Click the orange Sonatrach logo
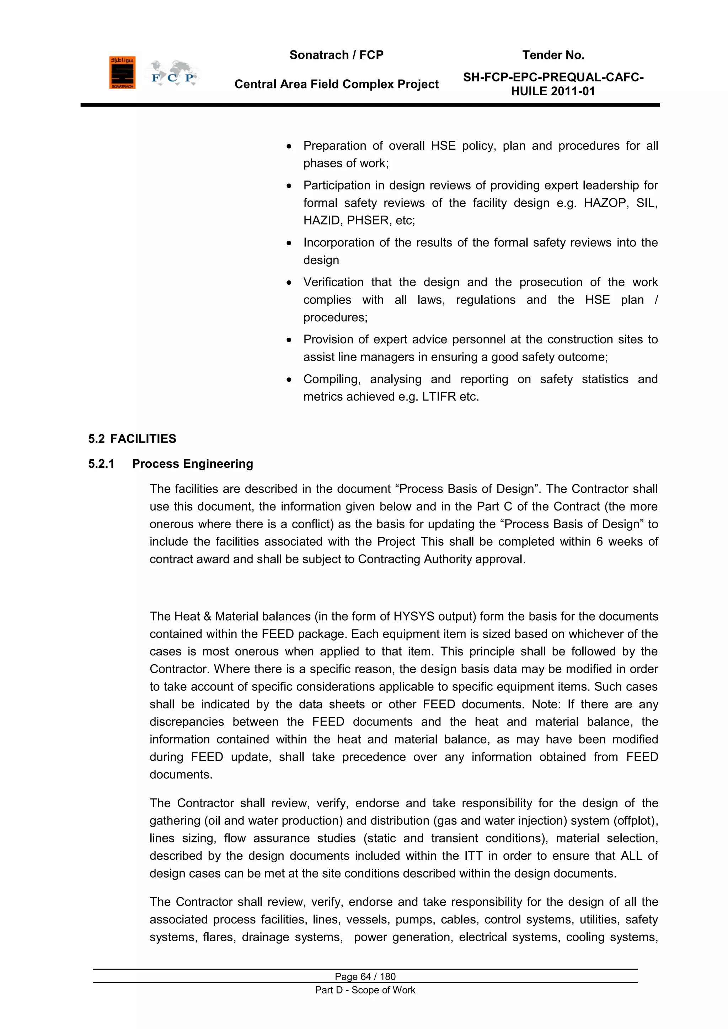click(122, 73)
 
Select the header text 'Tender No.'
click(553, 55)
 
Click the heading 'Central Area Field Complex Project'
click(336, 84)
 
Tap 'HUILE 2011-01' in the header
click(553, 91)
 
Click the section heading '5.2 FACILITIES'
click(132, 439)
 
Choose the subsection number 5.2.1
click(101, 464)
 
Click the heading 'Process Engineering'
click(192, 464)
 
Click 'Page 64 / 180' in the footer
click(365, 976)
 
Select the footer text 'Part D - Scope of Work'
click(365, 990)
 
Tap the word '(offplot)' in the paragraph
click(635, 821)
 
